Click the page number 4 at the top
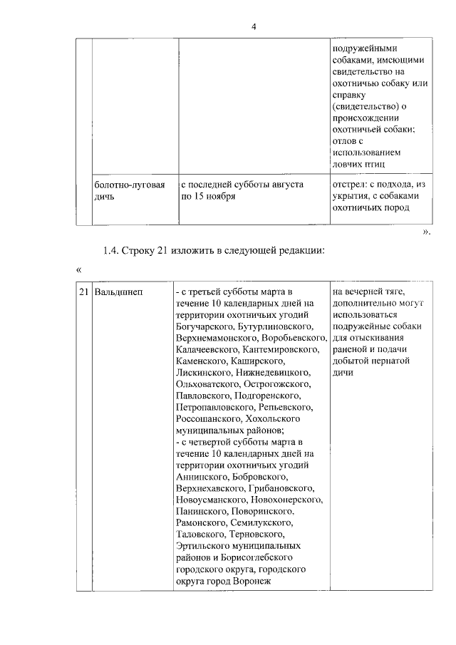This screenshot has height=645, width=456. coord(252,27)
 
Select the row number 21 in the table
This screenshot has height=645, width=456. coord(83,292)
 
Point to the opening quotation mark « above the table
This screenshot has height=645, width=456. coord(79,270)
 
